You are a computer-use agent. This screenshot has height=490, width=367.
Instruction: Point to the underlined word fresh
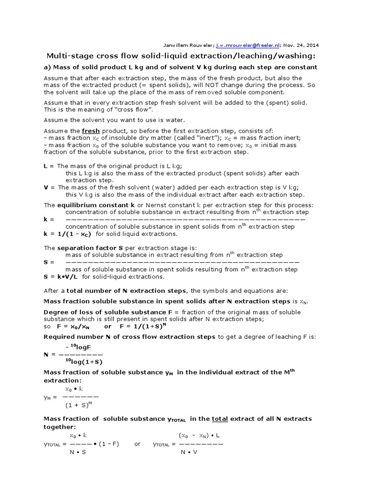(90, 131)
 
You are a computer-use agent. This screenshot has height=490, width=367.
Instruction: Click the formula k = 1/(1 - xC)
(67, 234)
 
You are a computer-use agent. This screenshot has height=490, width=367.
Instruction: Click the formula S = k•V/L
(62, 277)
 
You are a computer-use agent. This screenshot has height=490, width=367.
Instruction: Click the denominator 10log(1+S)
(84, 361)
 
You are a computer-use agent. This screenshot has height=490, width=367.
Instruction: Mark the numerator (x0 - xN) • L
(199, 435)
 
